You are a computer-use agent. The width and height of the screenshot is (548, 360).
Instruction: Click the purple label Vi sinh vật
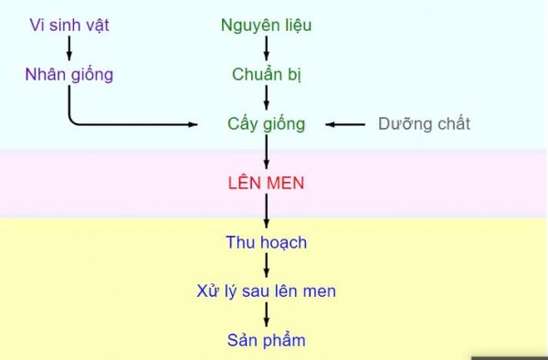(69, 26)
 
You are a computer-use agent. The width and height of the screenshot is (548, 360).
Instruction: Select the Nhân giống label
(69, 75)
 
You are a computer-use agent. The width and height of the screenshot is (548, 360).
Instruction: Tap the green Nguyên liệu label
(266, 26)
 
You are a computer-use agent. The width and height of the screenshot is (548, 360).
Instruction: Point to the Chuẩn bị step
(266, 75)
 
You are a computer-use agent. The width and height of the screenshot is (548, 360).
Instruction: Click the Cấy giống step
(266, 124)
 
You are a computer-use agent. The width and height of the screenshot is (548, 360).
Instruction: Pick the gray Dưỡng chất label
(424, 124)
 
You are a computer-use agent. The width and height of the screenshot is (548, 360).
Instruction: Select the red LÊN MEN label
(266, 183)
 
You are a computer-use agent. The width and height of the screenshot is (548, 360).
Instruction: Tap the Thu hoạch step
(266, 243)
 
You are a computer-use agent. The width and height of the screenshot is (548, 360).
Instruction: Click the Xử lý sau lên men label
(266, 292)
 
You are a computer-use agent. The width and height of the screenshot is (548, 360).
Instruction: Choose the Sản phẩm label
(266, 341)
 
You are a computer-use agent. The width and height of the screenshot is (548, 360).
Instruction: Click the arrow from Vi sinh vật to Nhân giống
(69, 49)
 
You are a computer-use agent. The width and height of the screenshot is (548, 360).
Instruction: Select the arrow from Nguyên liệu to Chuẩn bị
(266, 49)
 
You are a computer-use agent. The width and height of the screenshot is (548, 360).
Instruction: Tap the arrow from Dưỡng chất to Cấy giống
(346, 124)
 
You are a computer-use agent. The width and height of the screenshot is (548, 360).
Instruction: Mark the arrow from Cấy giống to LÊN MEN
(266, 152)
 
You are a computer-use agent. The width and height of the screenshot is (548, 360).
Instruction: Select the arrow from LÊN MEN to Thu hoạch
(266, 212)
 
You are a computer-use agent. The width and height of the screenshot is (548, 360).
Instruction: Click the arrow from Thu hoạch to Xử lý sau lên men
(266, 267)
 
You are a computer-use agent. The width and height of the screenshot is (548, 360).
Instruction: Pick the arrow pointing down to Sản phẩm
(266, 316)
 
